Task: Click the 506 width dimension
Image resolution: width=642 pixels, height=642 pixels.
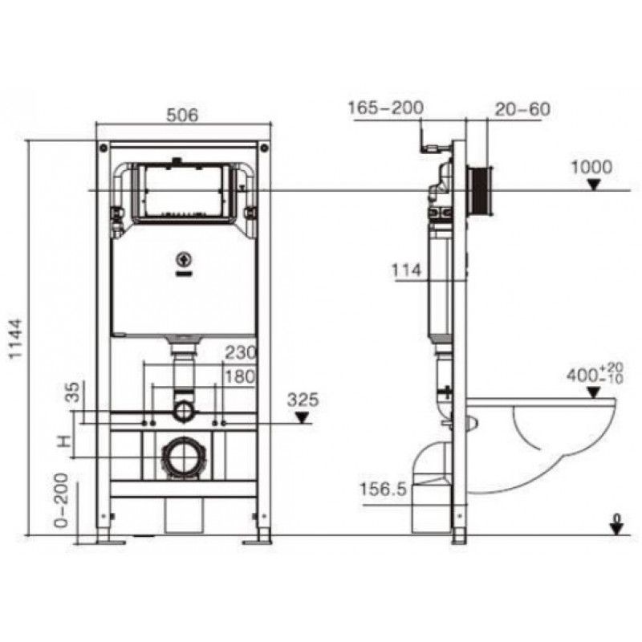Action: click(x=182, y=115)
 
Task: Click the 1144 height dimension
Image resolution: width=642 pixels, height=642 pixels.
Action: click(x=16, y=338)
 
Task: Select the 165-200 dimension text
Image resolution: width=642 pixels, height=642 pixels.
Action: click(x=386, y=108)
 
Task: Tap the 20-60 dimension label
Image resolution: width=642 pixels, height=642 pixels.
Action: click(x=522, y=109)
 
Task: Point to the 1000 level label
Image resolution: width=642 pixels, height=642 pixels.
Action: click(x=591, y=167)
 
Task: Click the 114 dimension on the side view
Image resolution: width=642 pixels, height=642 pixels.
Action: click(x=407, y=270)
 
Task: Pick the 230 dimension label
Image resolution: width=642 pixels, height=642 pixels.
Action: click(x=240, y=352)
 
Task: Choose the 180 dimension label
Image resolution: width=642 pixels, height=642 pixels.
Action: click(x=240, y=376)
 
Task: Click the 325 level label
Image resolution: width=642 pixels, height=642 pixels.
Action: click(x=303, y=400)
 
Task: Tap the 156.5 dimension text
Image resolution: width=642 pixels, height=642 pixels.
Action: click(x=383, y=490)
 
